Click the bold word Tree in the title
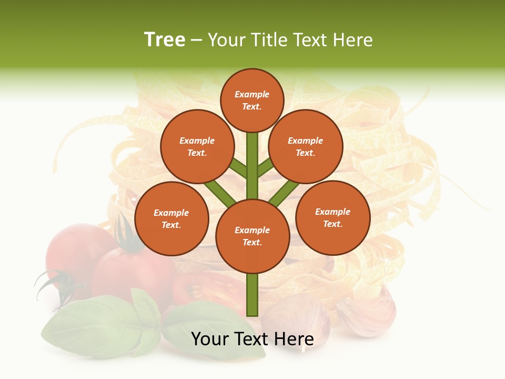(165, 40)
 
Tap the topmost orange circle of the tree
(252, 101)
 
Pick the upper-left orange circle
(197, 146)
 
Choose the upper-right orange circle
(306, 146)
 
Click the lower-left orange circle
(171, 218)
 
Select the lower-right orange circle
(333, 217)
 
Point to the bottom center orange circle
(252, 236)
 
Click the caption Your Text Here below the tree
(252, 339)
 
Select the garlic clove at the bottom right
(368, 313)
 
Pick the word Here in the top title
(352, 40)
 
